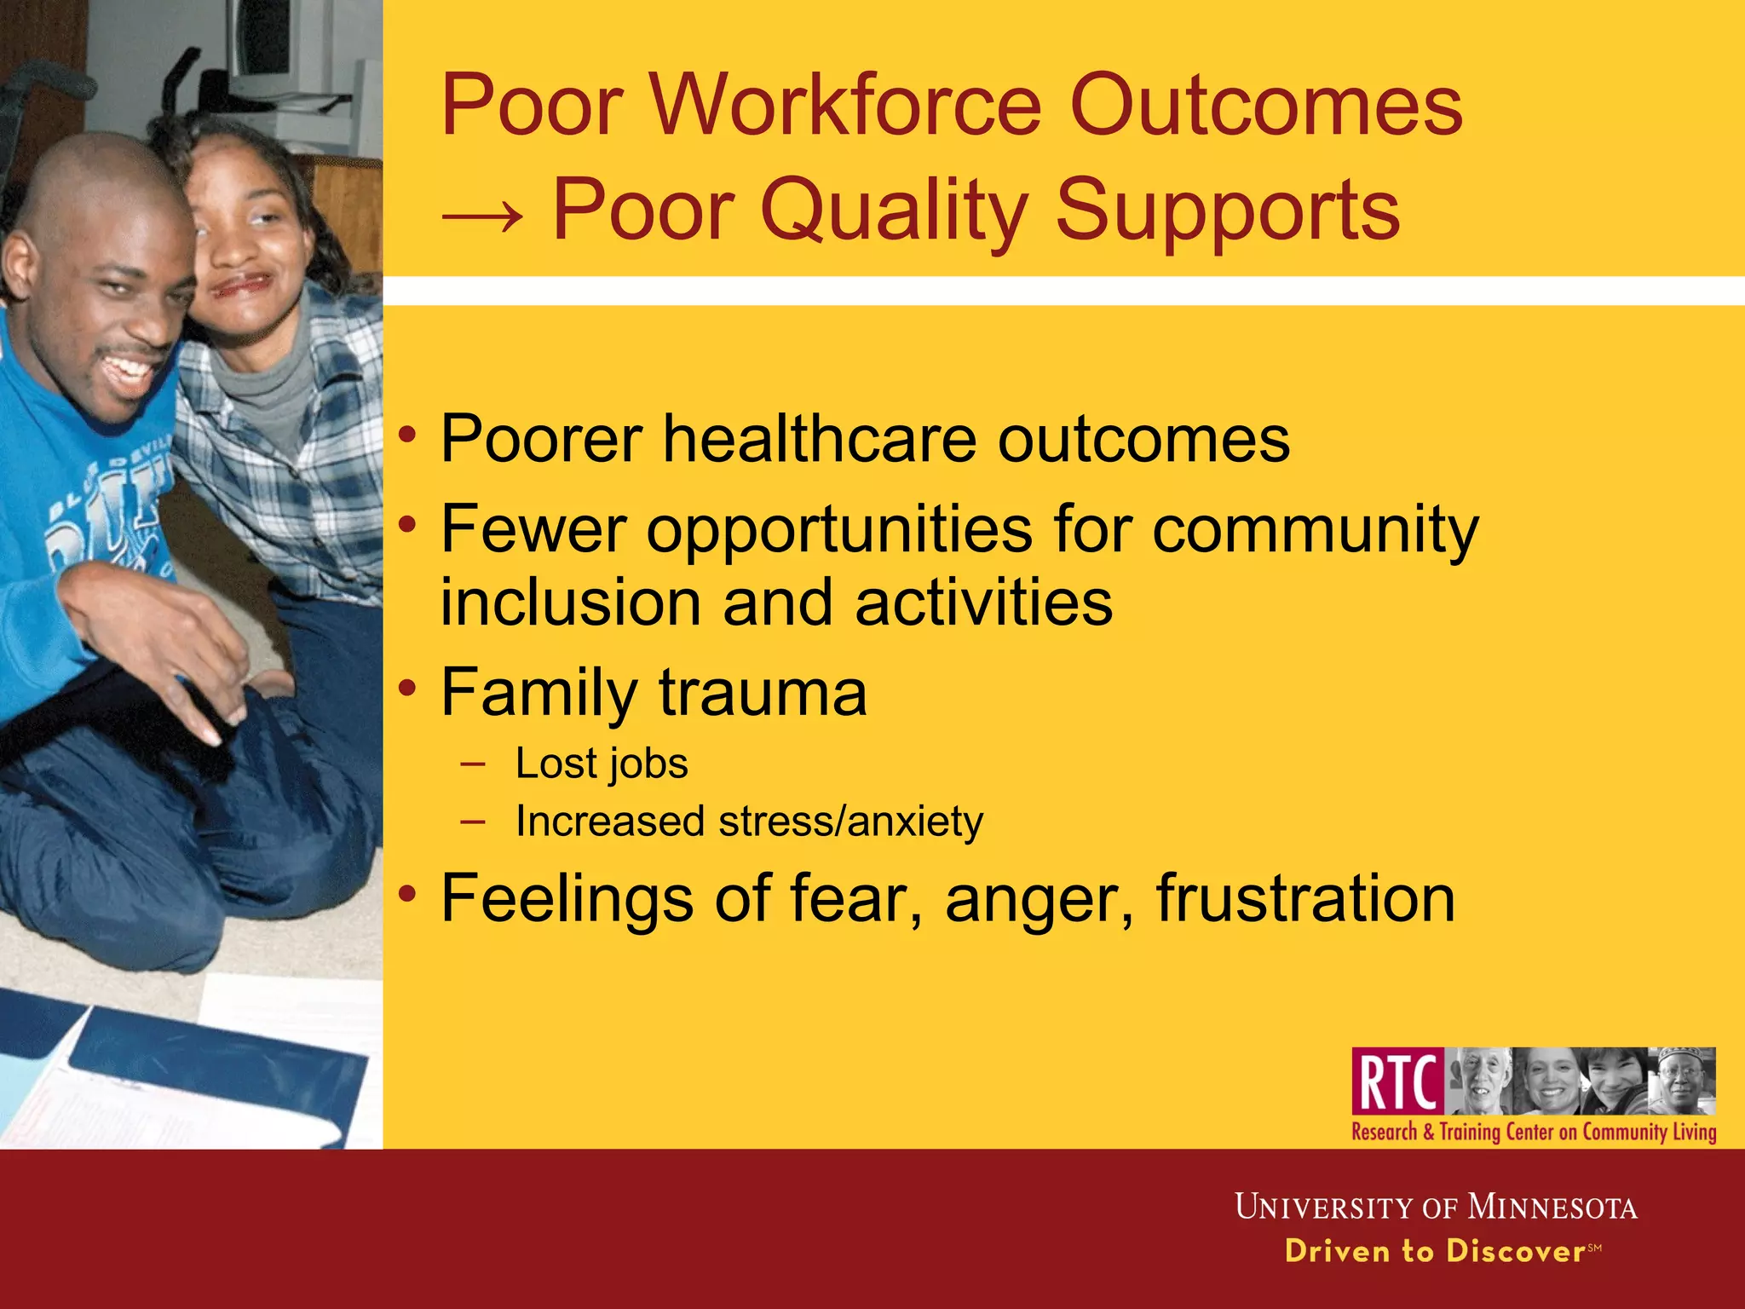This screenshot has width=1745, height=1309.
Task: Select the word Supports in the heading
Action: [x=1227, y=210]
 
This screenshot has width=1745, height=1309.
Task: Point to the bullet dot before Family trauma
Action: [x=409, y=687]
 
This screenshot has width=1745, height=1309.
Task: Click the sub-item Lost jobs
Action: [x=602, y=763]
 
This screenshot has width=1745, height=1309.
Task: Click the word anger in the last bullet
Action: [x=1039, y=900]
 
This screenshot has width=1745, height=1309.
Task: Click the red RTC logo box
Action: [x=1397, y=1081]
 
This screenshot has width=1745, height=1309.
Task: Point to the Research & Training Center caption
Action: [x=1534, y=1133]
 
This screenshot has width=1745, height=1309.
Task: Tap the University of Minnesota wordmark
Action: [x=1436, y=1208]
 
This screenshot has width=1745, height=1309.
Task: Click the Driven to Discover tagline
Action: [x=1436, y=1251]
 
